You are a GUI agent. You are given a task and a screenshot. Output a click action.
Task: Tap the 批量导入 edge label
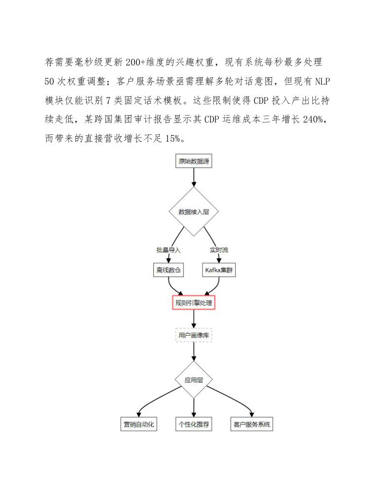[x=168, y=250]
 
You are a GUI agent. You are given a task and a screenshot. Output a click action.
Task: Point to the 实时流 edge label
[x=219, y=250]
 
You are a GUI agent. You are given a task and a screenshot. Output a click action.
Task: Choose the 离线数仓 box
[x=168, y=270]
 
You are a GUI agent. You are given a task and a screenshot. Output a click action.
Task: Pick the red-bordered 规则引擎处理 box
[x=194, y=303]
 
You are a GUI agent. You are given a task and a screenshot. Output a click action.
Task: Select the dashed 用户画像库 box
[x=194, y=335]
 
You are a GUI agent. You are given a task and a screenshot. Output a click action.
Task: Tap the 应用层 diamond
[x=194, y=380]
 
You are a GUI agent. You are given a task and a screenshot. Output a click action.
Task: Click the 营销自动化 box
[x=139, y=424]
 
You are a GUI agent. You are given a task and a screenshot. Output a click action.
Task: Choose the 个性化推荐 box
[x=194, y=424]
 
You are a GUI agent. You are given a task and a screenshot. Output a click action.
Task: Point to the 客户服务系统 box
[x=251, y=424]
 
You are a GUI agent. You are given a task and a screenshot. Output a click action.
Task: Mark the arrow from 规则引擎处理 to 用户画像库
[x=194, y=318]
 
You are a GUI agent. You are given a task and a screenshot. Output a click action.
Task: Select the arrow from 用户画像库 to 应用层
[x=194, y=352]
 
